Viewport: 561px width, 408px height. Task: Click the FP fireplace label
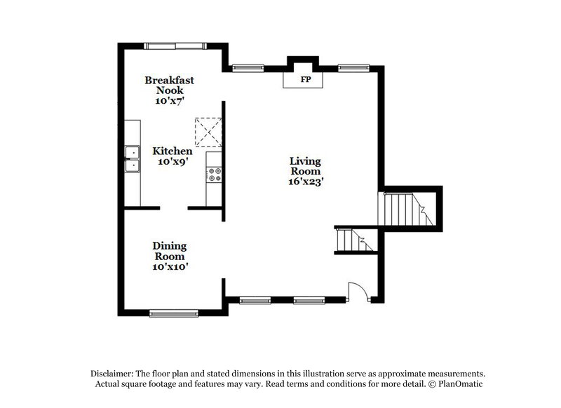(306, 80)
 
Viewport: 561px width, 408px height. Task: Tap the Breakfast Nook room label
(169, 86)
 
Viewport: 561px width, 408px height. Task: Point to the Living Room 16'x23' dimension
(306, 182)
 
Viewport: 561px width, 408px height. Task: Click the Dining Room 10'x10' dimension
(170, 266)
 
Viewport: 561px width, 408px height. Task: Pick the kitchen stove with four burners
(214, 174)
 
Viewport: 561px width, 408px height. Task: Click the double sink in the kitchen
(131, 158)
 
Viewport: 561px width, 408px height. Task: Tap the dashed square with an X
(208, 130)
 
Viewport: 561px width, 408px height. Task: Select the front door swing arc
(356, 291)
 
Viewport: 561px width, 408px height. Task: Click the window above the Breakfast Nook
(171, 46)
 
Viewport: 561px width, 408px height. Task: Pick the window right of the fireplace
(349, 68)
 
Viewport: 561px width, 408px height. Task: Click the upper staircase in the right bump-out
(404, 208)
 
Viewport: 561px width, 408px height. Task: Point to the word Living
(306, 161)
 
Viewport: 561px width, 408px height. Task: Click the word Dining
(170, 246)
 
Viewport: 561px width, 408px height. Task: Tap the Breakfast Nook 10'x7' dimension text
(169, 101)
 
